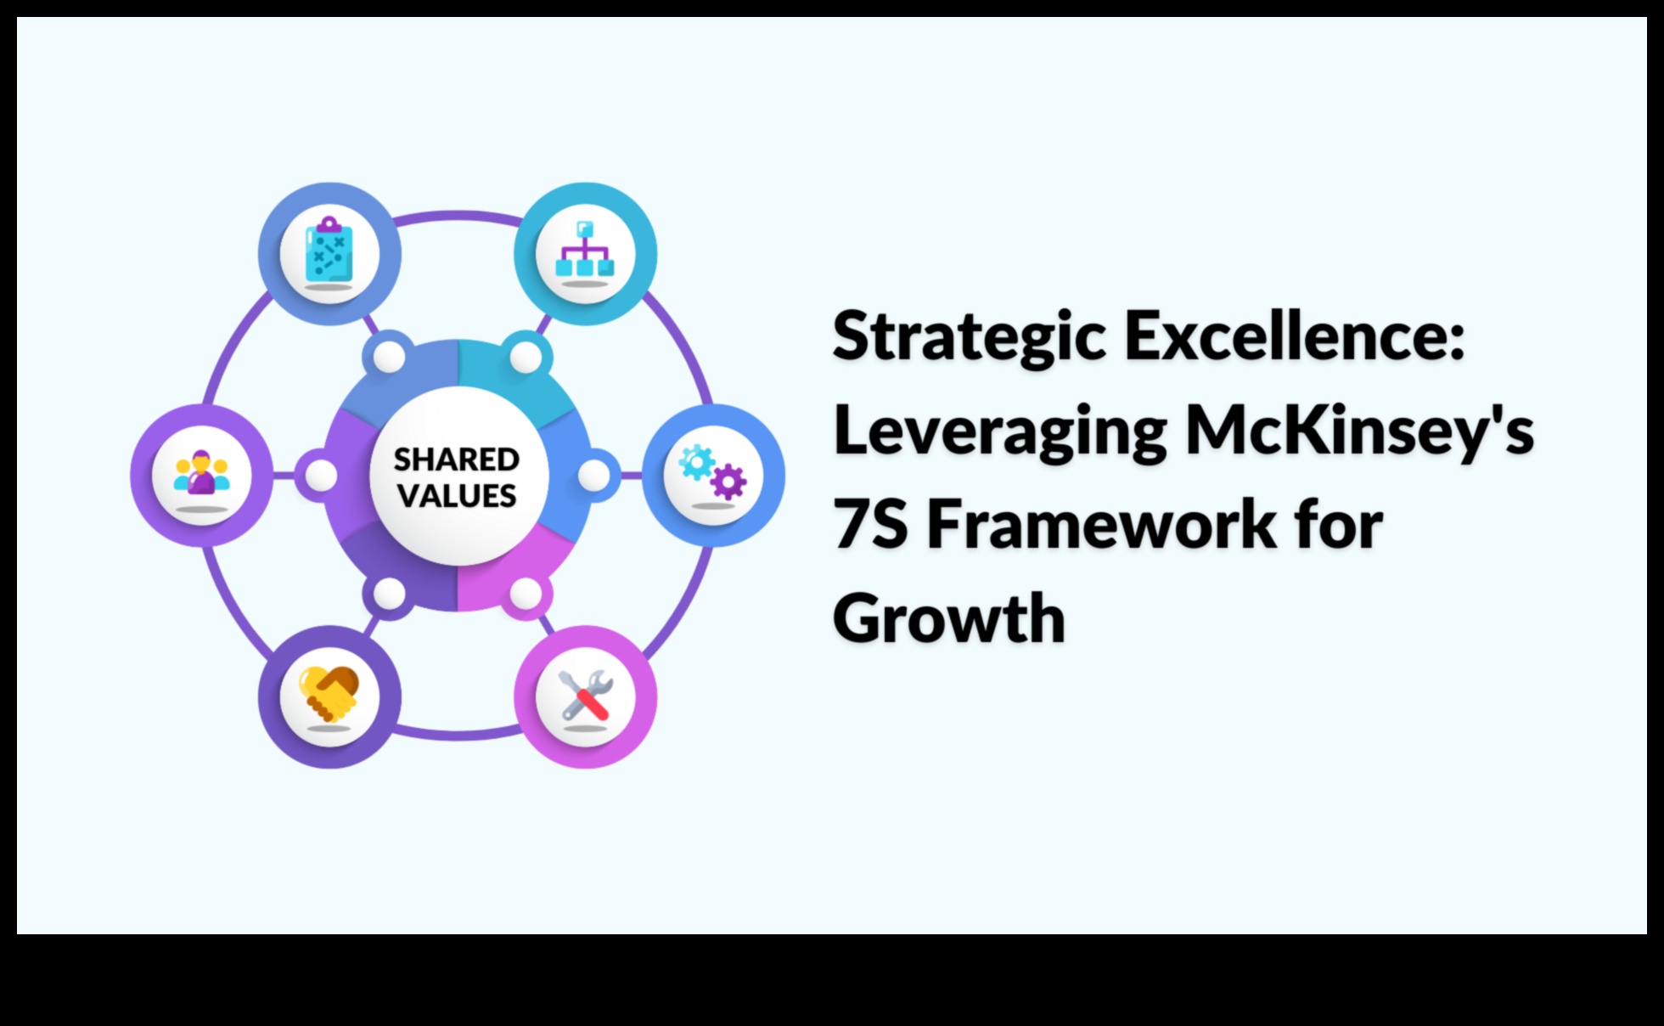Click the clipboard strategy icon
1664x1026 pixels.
pos(329,249)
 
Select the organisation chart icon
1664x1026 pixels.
pos(585,249)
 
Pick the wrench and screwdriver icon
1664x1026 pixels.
pos(585,696)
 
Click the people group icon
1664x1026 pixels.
pos(202,472)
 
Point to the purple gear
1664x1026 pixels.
pos(728,482)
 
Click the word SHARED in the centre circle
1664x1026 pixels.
pos(457,459)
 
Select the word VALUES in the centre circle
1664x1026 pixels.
pos(457,496)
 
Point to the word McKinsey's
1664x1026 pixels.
pos(1359,431)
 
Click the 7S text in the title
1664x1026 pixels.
pos(870,524)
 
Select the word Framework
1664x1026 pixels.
pos(1101,524)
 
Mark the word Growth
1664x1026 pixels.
pos(948,617)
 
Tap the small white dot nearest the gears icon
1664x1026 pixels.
pos(593,476)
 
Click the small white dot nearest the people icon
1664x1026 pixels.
pos(321,476)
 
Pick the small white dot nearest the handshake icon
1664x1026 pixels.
pos(390,594)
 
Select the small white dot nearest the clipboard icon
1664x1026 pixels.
pos(390,358)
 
